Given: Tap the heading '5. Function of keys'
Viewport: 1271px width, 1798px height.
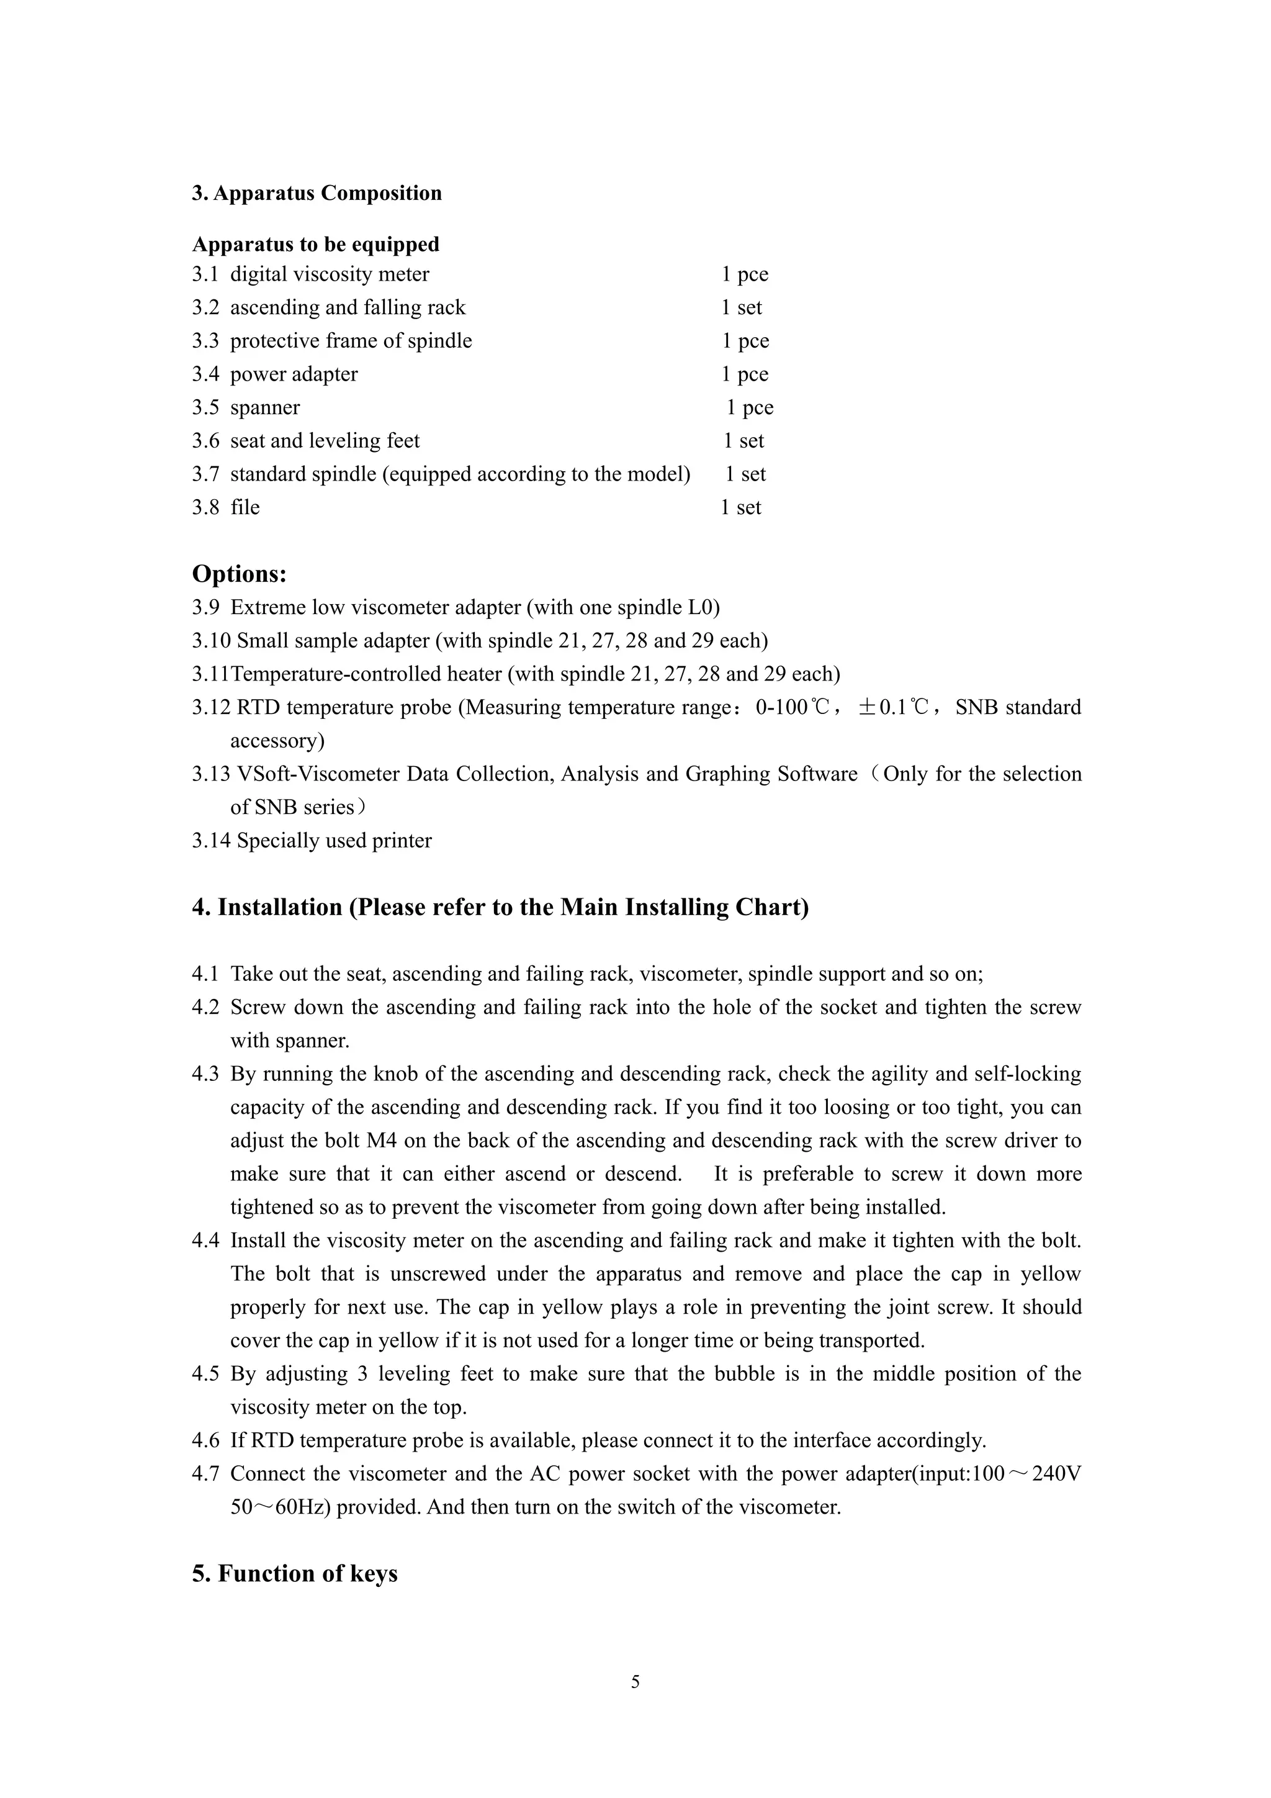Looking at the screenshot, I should click(x=294, y=1573).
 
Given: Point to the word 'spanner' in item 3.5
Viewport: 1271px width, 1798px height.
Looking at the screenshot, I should click(x=264, y=407).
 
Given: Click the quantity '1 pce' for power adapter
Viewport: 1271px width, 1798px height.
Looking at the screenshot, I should click(x=744, y=374).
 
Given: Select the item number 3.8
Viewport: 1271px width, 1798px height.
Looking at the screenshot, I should click(x=205, y=507).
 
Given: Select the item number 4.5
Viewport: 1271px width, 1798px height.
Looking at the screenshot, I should click(x=205, y=1373).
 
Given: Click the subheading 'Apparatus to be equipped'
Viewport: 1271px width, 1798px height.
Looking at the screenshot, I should click(x=315, y=245).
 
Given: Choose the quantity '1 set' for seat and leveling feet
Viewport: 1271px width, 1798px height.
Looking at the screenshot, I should click(x=743, y=440).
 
